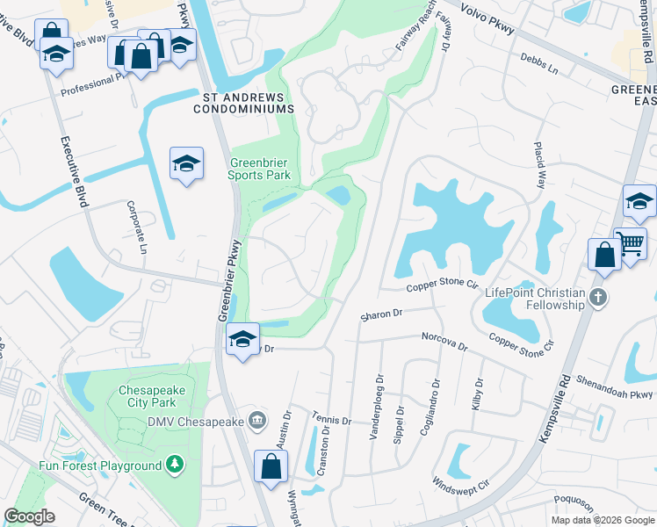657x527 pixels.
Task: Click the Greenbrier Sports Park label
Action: pos(260,169)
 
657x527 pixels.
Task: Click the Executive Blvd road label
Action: pos(75,171)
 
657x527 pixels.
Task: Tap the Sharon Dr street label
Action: pos(381,313)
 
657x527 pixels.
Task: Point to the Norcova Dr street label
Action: pos(444,340)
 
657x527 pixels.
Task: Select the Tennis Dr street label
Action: pos(334,419)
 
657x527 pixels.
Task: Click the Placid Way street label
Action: pos(541,165)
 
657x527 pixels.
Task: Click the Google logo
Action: pos(29,516)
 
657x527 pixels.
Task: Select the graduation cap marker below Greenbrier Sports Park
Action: pos(242,341)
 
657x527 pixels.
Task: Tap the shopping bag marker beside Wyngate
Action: pos(271,466)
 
